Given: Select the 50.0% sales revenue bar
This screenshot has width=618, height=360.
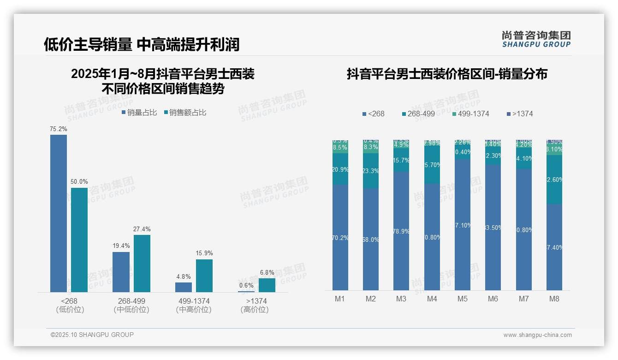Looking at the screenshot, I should [79, 240].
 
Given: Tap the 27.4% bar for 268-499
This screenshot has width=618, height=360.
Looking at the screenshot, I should [142, 263].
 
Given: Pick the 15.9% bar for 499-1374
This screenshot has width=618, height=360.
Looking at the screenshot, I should [204, 276].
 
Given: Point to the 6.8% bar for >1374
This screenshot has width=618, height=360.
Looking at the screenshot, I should [267, 285].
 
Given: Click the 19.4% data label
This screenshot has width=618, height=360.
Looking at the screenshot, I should [121, 246].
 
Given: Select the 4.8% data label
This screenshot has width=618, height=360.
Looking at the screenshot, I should [183, 276].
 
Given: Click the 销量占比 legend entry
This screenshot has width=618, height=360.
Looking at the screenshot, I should [139, 113].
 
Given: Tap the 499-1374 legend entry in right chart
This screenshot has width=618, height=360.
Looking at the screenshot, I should [470, 114].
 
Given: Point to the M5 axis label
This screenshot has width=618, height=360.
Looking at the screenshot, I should [463, 299].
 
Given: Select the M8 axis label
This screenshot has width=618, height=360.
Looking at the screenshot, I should [554, 299].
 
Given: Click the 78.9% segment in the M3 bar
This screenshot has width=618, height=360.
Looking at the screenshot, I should [401, 231].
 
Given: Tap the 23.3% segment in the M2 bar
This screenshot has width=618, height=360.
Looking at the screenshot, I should [371, 171].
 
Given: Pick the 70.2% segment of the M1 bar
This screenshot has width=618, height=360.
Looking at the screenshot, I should [340, 238].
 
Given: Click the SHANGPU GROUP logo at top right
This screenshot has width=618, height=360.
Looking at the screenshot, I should [536, 39].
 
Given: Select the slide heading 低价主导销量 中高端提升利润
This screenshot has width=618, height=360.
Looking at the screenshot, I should [142, 44].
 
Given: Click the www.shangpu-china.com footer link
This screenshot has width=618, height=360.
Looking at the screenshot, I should [537, 335].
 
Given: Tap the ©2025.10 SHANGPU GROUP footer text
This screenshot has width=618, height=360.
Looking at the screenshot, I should [92, 335].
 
